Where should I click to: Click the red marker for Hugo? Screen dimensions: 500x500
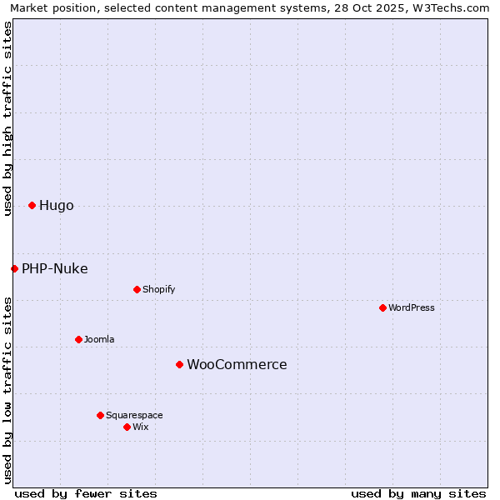[x=32, y=205]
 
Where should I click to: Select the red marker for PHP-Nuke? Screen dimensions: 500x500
[x=14, y=268]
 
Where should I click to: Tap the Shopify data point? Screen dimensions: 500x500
[x=137, y=289]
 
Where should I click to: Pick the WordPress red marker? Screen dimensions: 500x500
[x=382, y=307]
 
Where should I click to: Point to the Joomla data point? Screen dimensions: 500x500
[x=78, y=339]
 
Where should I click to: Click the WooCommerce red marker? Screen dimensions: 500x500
[x=179, y=364]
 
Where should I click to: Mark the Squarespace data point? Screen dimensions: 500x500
[x=100, y=415]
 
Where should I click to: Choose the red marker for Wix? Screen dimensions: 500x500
[x=127, y=427]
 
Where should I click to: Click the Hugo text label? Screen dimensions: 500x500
[x=56, y=206]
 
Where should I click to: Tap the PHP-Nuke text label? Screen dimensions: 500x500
[x=54, y=268]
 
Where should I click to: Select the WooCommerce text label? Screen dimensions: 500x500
[x=237, y=365]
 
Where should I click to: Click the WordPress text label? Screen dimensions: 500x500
[x=412, y=307]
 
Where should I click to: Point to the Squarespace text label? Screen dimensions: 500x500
[x=134, y=415]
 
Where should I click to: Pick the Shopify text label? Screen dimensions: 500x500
[x=158, y=289]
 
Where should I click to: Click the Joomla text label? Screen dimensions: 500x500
[x=99, y=339]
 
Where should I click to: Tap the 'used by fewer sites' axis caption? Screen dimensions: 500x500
[x=86, y=493]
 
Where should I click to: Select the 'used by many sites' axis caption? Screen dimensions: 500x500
[x=418, y=493]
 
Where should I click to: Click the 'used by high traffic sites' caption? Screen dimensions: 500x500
[x=7, y=118]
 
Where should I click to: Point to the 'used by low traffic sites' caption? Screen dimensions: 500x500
[x=7, y=389]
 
